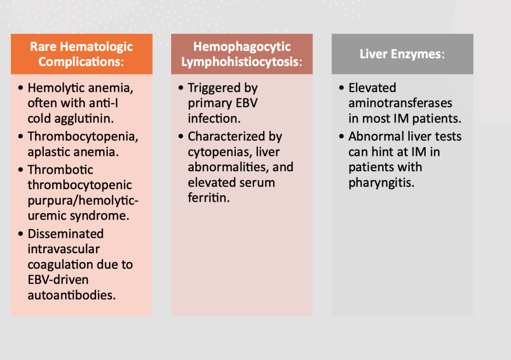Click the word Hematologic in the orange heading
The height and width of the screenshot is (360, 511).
[96, 47]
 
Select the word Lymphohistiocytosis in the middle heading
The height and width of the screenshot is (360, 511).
[240, 62]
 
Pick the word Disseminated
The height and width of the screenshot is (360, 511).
[65, 234]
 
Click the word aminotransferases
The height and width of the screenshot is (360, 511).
[400, 103]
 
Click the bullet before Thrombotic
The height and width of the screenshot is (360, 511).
[20, 170]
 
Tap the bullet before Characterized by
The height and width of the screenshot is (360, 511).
[181, 136]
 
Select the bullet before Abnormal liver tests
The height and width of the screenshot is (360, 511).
[341, 136]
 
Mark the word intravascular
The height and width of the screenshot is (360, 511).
[63, 249]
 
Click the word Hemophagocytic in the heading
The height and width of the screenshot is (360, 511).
[242, 47]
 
